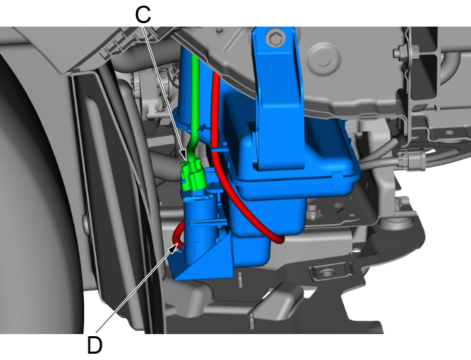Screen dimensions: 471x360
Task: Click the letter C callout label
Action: click(x=143, y=15)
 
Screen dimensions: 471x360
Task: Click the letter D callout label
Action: click(x=95, y=345)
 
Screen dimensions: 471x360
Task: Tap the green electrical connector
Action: click(x=193, y=175)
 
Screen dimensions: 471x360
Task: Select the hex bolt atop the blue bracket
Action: click(x=275, y=38)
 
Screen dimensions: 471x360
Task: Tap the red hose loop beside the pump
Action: click(x=178, y=236)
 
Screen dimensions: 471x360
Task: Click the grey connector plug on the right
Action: click(x=411, y=160)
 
